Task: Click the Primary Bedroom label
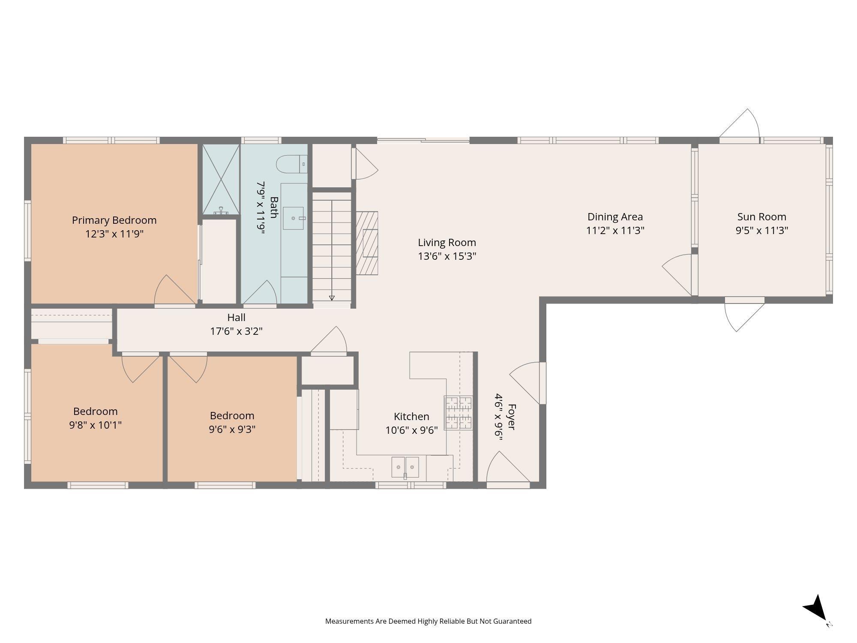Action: [x=114, y=220]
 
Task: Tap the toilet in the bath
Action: [x=292, y=164]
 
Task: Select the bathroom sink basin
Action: [x=294, y=218]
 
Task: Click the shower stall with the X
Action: [x=221, y=179]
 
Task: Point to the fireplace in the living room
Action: [x=367, y=243]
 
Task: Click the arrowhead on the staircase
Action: [x=332, y=297]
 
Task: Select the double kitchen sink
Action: [x=405, y=467]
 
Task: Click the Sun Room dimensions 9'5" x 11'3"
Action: [x=762, y=231]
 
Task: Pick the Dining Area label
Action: [x=615, y=217]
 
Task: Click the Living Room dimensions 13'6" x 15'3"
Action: [x=447, y=256]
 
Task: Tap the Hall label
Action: [x=236, y=318]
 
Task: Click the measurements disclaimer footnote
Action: [x=428, y=621]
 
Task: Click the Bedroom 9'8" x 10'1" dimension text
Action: [x=95, y=425]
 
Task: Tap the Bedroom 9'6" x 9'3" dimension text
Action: [x=232, y=430]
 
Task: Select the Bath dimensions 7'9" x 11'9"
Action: [x=261, y=207]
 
